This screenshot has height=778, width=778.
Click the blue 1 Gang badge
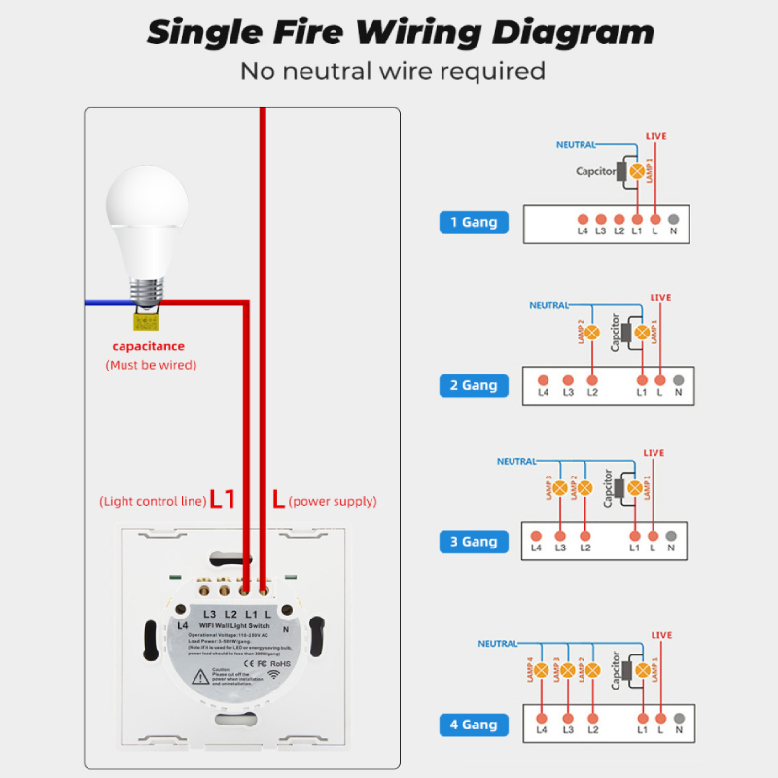click(x=474, y=222)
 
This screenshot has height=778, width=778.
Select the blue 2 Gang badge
click(x=474, y=385)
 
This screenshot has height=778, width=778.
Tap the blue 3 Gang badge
click(x=474, y=542)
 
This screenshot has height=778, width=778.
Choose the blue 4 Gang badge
click(x=474, y=725)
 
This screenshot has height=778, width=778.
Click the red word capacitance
click(x=148, y=346)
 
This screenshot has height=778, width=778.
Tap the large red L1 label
click(x=223, y=500)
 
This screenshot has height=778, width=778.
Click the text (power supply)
click(x=333, y=501)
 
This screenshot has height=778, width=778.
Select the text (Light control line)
click(x=153, y=501)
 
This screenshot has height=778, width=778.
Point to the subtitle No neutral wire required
click(x=393, y=71)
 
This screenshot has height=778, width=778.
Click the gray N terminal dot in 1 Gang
click(x=674, y=219)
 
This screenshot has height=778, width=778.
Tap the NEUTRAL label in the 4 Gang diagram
click(x=497, y=644)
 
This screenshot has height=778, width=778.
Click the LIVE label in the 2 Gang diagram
click(x=660, y=298)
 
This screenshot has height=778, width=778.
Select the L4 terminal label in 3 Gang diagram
click(x=536, y=548)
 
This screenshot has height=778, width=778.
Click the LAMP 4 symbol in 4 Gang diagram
click(x=541, y=671)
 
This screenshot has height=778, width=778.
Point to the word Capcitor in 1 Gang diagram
click(x=596, y=171)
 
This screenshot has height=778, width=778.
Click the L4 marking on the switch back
click(x=182, y=625)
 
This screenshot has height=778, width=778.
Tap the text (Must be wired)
click(x=151, y=365)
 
